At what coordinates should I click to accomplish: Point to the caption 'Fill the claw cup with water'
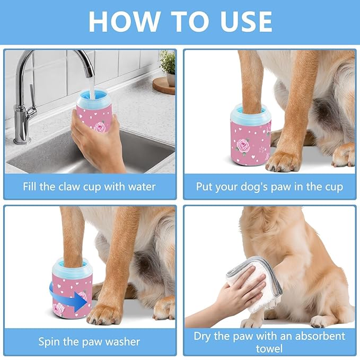[x=89, y=187]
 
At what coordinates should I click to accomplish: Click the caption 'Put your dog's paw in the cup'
[x=269, y=187]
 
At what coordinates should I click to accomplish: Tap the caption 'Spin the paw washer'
[x=89, y=341]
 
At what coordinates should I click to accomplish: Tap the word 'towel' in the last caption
[x=269, y=348]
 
